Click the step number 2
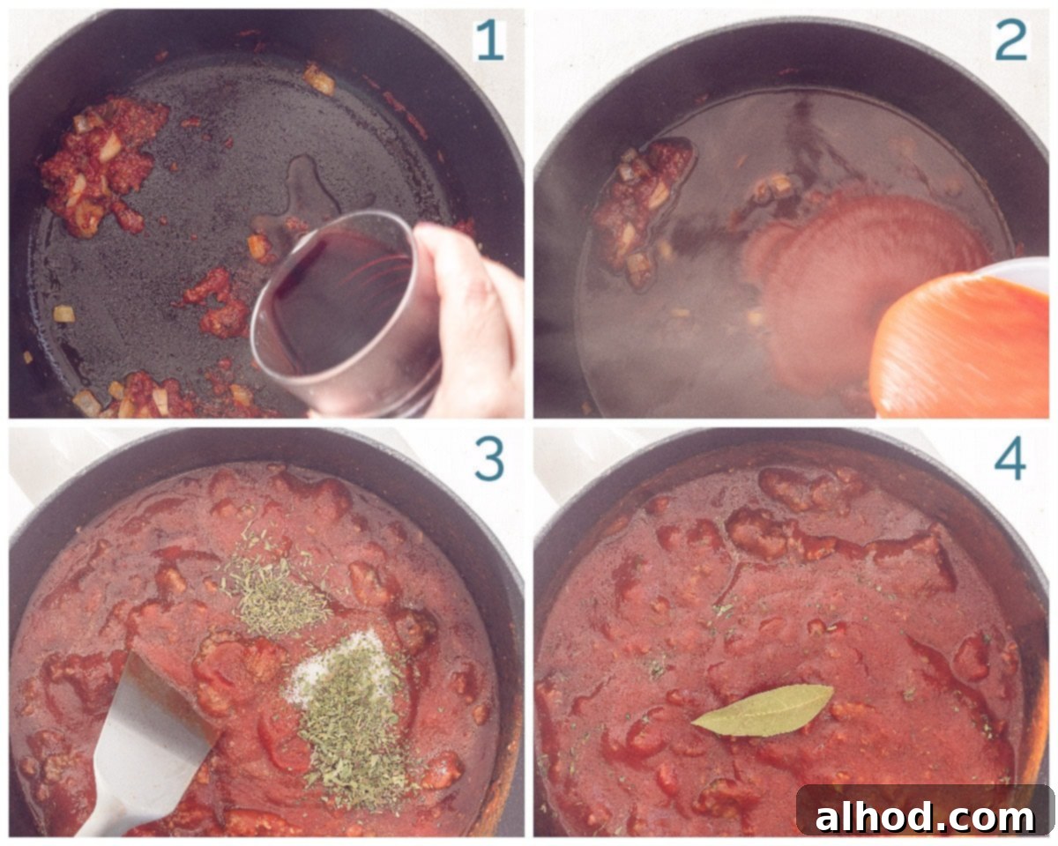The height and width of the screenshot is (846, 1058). [x=1010, y=40]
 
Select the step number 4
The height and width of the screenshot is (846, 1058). [x=1010, y=459]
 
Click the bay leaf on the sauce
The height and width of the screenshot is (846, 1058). [x=764, y=709]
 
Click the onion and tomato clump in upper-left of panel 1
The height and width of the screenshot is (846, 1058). [x=101, y=163]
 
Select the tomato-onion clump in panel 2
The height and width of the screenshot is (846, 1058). [x=639, y=207]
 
